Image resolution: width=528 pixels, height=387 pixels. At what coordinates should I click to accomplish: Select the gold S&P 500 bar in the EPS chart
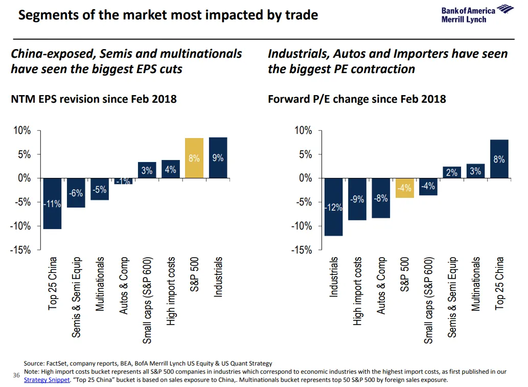[194, 158]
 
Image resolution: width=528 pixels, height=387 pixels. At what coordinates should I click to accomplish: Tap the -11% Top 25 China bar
[52, 203]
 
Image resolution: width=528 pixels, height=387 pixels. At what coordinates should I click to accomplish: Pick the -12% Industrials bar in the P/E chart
[333, 207]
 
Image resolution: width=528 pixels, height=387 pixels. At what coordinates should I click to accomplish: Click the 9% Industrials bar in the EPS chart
[218, 158]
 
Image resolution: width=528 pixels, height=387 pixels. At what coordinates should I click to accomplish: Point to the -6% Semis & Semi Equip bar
[76, 193]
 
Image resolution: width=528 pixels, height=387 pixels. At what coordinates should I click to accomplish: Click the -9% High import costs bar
[357, 199]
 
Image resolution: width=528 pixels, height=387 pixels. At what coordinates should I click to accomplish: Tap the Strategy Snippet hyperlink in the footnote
[47, 380]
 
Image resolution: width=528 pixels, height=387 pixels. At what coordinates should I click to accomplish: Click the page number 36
[16, 376]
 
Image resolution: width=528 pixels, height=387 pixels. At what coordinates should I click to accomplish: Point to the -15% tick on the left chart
[21, 250]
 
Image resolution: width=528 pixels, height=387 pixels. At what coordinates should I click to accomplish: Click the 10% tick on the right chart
[303, 131]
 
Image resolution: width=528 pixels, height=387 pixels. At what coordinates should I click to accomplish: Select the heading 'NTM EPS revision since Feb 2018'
[94, 99]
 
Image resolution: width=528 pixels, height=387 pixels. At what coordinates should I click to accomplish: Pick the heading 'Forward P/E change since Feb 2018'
[357, 99]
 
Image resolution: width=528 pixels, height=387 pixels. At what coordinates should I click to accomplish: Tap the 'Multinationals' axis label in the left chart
[100, 284]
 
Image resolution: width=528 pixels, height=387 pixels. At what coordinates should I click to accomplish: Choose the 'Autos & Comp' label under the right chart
[381, 285]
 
